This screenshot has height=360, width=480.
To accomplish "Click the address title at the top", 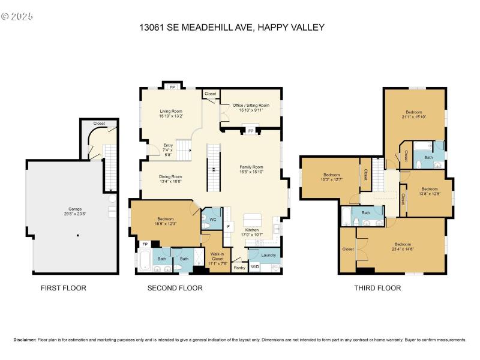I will [232, 27].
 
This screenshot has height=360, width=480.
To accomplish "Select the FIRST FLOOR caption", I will [63, 288].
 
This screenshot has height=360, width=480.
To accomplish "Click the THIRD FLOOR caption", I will [377, 288].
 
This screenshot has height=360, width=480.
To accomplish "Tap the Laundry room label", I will [268, 255].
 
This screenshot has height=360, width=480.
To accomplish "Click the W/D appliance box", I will [254, 266].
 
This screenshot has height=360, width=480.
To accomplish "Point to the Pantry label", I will [239, 268].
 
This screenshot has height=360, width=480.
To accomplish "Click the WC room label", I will [212, 219].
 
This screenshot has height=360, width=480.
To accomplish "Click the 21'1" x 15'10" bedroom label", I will [414, 115].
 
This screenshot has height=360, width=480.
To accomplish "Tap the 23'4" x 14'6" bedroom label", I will [402, 247].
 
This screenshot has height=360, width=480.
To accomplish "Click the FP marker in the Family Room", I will [251, 130].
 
